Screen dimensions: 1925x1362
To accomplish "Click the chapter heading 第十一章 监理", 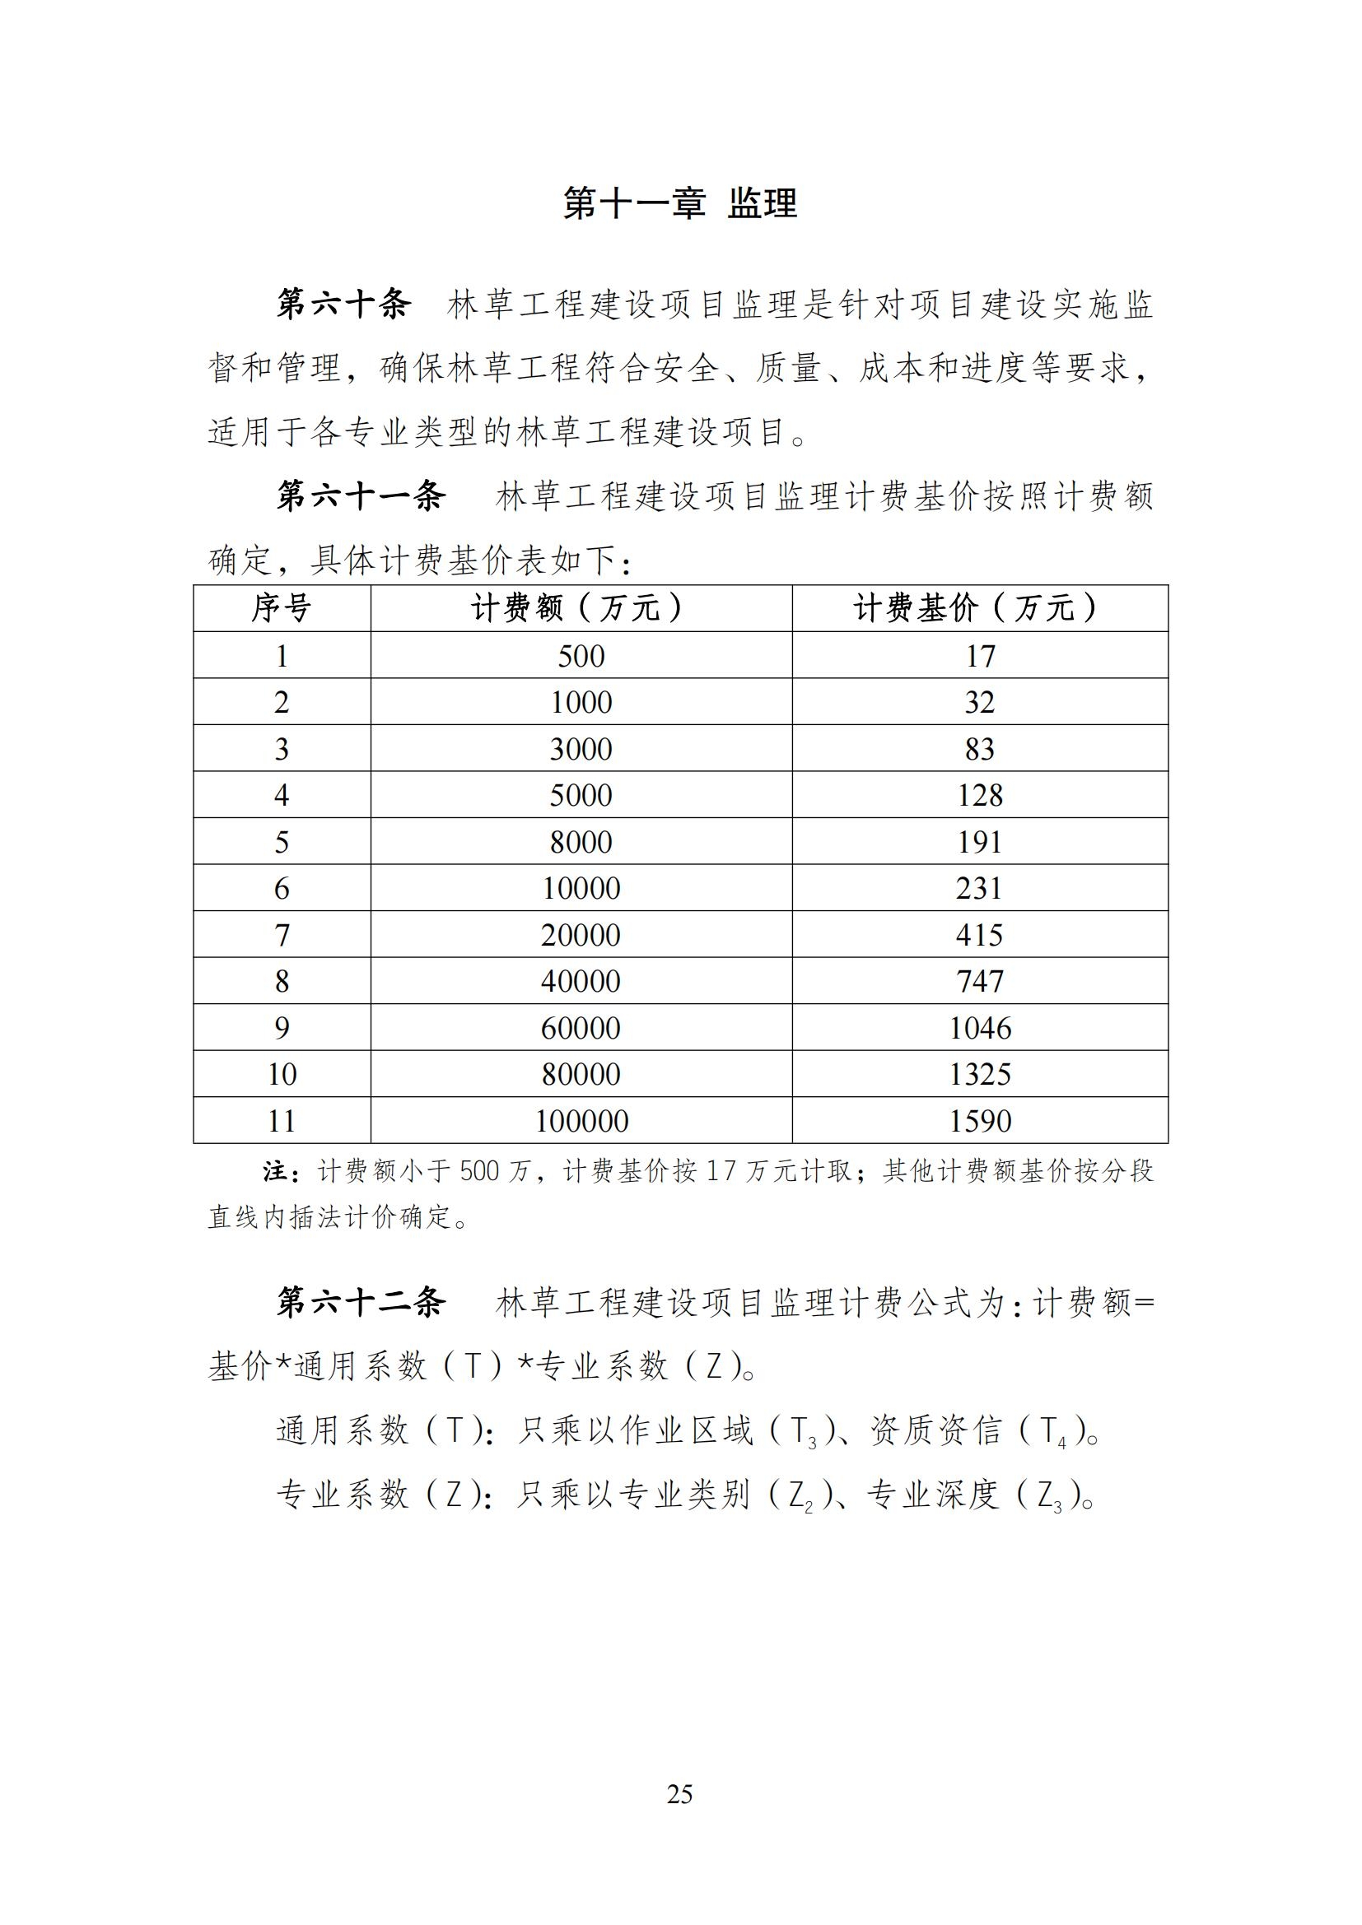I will point(679,204).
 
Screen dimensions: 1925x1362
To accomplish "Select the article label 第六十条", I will point(344,304).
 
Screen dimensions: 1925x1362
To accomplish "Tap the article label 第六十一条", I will point(361,495).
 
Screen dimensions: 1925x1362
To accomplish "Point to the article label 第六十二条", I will point(361,1302).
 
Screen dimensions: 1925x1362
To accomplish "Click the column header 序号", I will point(282,608).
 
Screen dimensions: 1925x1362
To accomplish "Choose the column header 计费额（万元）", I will point(581,608).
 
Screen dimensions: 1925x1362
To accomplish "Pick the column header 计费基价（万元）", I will point(980,608).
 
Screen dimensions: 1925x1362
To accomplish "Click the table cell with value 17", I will point(980,656).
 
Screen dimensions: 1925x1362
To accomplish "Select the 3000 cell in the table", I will point(581,749).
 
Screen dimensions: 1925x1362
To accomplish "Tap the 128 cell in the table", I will point(980,795).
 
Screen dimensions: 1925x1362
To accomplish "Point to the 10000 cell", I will point(581,888).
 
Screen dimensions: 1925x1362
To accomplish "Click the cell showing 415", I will point(980,935).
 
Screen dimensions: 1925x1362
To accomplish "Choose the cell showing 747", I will point(980,981).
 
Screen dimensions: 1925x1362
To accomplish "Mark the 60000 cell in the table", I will point(581,1028).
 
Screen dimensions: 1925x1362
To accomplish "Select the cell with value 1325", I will point(980,1074).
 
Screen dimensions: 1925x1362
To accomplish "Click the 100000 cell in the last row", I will point(581,1121).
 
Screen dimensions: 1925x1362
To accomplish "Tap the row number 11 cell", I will point(282,1121).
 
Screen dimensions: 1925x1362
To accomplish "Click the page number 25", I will point(680,1794).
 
